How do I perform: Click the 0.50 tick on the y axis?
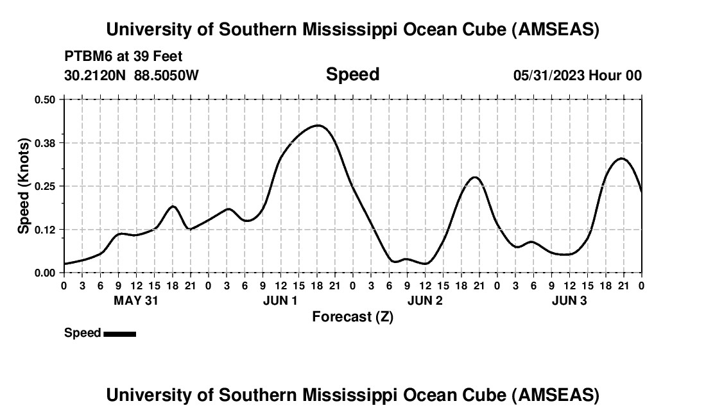45,99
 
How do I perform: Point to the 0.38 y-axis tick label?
45,142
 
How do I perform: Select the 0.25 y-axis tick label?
45,186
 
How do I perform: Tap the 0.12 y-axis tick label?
45,229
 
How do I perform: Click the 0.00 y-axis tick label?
45,273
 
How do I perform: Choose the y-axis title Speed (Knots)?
24,186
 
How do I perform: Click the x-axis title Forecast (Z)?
352,316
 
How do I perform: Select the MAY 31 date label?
135,300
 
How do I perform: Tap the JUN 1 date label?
280,300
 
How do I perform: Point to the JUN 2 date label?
425,300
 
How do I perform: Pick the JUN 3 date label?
569,300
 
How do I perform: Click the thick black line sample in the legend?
119,334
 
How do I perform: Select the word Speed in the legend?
83,333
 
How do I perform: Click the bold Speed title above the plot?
352,74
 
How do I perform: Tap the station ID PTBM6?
88,56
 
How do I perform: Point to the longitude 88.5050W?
166,75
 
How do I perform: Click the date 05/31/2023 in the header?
548,75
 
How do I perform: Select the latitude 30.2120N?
96,75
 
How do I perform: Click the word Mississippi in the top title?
348,30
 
